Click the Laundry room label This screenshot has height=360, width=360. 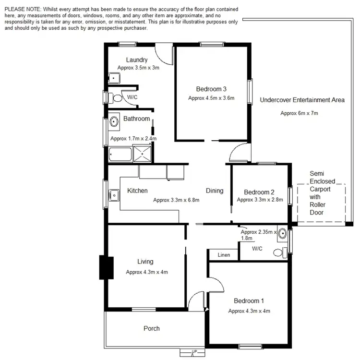[136, 60]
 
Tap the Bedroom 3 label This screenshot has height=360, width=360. [211, 89]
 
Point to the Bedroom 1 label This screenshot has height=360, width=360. [249, 301]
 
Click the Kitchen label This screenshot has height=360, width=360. [137, 191]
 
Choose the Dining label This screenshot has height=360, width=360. [215, 191]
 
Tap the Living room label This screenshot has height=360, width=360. [145, 262]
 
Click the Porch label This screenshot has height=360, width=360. [152, 328]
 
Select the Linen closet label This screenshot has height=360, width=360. [223, 255]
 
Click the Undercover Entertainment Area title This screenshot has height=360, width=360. [302, 100]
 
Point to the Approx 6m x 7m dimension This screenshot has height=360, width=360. [299, 113]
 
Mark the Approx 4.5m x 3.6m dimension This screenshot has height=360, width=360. [211, 98]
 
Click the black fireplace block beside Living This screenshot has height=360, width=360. [106, 268]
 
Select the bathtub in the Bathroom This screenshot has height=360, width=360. [120, 154]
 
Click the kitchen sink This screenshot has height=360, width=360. [114, 195]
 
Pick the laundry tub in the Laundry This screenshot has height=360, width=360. [114, 78]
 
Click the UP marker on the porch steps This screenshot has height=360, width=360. [194, 352]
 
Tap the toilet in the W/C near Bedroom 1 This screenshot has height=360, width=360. [278, 252]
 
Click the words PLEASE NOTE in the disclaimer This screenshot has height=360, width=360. [22, 10]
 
